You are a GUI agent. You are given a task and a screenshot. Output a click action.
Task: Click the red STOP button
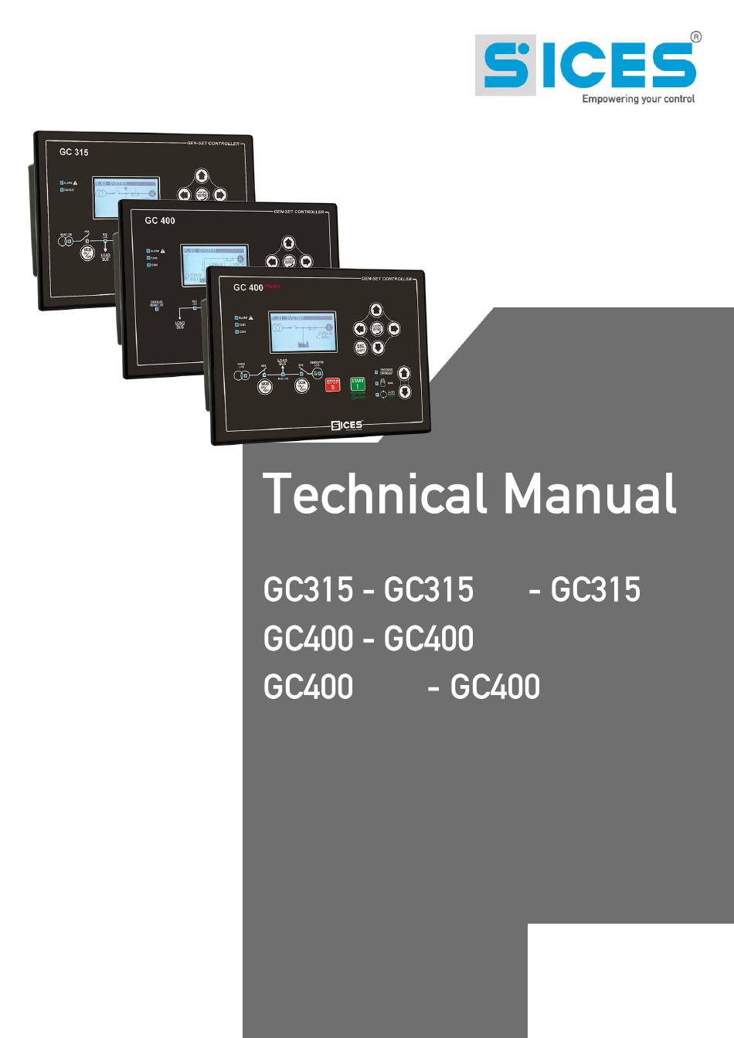[x=332, y=384]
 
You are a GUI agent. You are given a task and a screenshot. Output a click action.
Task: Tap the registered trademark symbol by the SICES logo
[x=695, y=36]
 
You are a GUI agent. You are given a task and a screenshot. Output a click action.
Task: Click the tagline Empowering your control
[x=638, y=99]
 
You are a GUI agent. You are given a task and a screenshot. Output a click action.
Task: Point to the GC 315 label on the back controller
[x=74, y=152]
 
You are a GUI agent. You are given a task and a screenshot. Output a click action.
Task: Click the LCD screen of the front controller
[x=302, y=332]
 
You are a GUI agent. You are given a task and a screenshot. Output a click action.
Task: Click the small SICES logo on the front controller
[x=346, y=425]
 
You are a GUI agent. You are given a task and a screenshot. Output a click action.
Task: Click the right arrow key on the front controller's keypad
[x=393, y=328]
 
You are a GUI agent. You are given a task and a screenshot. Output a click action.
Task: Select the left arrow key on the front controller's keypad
[x=360, y=328]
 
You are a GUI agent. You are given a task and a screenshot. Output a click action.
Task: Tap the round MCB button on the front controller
[x=265, y=385]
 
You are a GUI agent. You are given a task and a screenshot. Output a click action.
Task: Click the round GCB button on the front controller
[x=302, y=385]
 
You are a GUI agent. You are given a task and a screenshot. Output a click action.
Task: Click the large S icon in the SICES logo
[x=505, y=65]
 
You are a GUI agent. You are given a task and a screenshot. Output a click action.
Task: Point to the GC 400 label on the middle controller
[x=160, y=220]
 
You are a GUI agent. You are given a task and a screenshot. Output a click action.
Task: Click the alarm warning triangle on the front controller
[x=251, y=317]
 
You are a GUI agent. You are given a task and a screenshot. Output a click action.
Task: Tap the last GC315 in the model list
[x=595, y=590]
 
